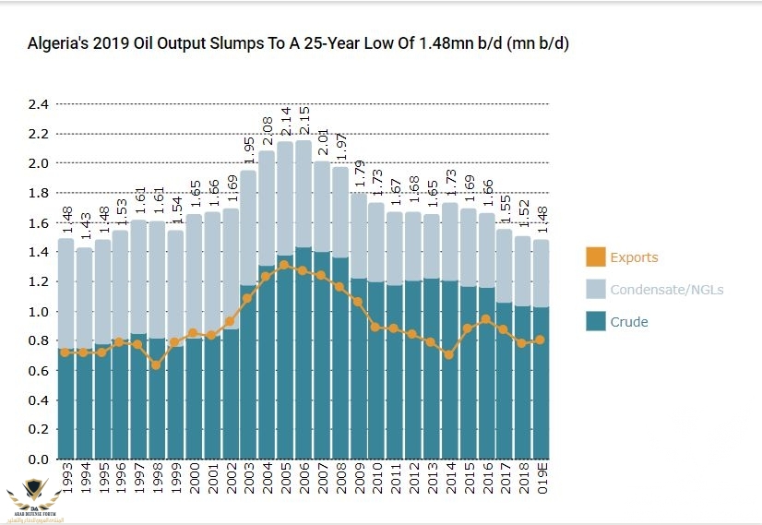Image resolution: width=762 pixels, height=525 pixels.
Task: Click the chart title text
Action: click(x=297, y=43)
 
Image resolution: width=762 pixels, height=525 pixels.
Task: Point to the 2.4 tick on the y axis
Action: click(x=38, y=104)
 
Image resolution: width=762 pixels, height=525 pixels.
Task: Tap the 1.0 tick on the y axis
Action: click(x=38, y=312)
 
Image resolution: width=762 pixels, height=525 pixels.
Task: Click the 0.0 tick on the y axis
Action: click(x=38, y=459)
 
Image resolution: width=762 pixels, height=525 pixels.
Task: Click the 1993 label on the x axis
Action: click(x=65, y=482)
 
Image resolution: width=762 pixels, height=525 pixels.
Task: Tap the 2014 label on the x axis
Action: click(x=447, y=482)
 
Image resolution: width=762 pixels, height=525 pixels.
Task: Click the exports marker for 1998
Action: click(x=157, y=365)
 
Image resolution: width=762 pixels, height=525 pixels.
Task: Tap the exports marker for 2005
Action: click(x=284, y=266)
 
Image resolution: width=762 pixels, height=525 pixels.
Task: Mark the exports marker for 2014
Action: click(x=447, y=354)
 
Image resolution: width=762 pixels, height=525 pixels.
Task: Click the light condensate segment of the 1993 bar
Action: click(x=65, y=295)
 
